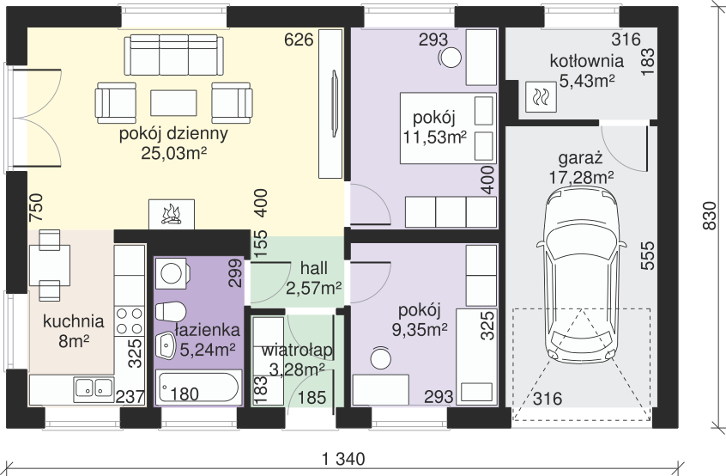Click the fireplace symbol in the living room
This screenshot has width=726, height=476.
coord(172,214)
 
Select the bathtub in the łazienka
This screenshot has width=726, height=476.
coord(198,387)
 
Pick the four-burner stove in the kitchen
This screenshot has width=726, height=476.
coord(130,320)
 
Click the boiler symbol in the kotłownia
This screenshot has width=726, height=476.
coord(541,97)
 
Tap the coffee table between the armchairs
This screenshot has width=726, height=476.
coord(173,103)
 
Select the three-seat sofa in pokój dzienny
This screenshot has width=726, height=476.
coord(173,55)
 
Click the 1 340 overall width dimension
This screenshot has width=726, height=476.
coord(343,460)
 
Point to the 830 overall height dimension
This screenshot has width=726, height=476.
coord(709,215)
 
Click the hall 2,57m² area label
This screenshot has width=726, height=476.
coord(314,278)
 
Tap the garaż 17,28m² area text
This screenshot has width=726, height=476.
coord(581,168)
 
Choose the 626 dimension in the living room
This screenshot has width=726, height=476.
coord(299,40)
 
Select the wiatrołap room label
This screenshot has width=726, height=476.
coord(297,351)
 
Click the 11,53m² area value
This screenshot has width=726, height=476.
coord(434,137)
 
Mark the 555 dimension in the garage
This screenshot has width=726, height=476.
coord(648,255)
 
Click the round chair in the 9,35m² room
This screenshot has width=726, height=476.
coord(380,358)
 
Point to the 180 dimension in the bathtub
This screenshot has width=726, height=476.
coord(185,394)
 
